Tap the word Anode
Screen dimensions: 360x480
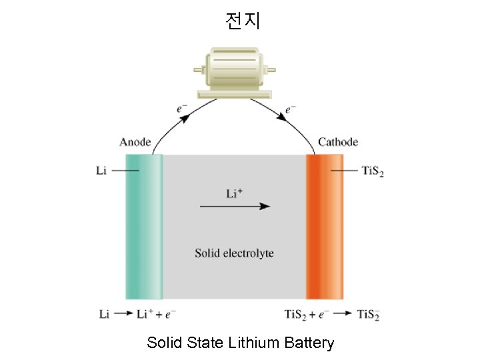135,142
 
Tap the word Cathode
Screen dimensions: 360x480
338,142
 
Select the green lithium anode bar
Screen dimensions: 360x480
144,227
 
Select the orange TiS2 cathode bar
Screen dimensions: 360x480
325,227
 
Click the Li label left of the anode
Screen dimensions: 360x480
101,171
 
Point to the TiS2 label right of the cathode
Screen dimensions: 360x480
372,171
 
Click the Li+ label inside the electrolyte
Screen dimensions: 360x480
235,194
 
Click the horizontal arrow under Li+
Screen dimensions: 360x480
235,207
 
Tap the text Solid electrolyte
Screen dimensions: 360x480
234,253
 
